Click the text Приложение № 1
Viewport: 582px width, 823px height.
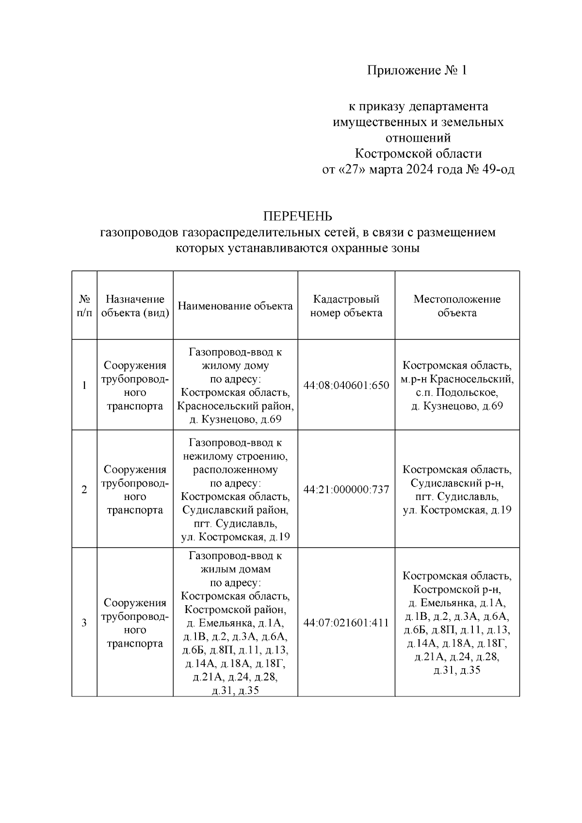pyautogui.click(x=417, y=71)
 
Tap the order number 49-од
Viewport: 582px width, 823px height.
pyautogui.click(x=499, y=170)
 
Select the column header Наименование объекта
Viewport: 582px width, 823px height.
pyautogui.click(x=235, y=306)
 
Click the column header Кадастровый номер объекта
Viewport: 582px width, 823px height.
pyautogui.click(x=346, y=306)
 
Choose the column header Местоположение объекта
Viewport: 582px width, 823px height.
pyautogui.click(x=456, y=306)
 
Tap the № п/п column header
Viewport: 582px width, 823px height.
pyautogui.click(x=84, y=306)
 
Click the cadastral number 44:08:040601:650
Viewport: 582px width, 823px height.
pyautogui.click(x=346, y=386)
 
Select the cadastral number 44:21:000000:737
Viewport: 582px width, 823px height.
pyautogui.click(x=346, y=490)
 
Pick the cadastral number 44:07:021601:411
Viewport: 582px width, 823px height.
pyautogui.click(x=346, y=623)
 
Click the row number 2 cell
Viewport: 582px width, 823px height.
pyautogui.click(x=84, y=490)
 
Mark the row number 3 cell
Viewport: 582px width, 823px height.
pyautogui.click(x=84, y=623)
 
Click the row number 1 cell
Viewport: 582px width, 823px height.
pyautogui.click(x=84, y=386)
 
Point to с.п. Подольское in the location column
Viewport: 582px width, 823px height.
pyautogui.click(x=456, y=392)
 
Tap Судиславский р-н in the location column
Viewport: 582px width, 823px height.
pyautogui.click(x=456, y=483)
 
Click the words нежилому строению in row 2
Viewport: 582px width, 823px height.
pyautogui.click(x=235, y=456)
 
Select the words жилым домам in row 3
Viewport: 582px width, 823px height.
pyautogui.click(x=235, y=569)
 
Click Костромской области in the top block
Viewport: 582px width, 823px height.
pyautogui.click(x=418, y=154)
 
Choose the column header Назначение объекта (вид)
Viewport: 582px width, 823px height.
pyautogui.click(x=135, y=306)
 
